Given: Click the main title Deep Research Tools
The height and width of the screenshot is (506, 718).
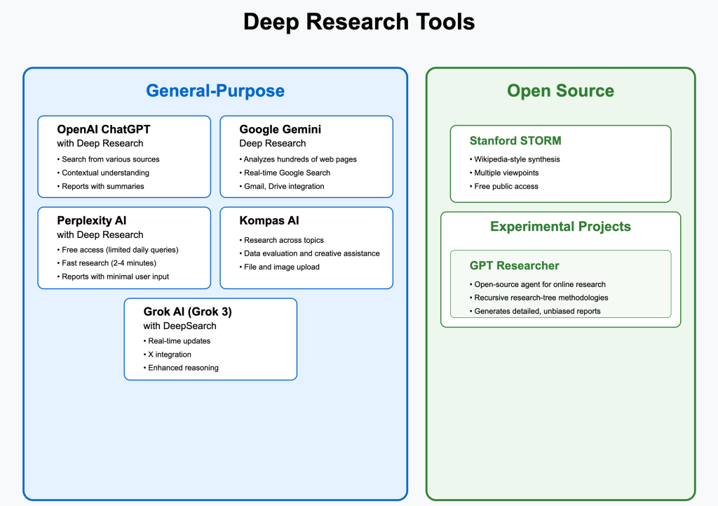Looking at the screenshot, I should [359, 22].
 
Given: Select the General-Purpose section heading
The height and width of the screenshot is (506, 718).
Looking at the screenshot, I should [215, 91].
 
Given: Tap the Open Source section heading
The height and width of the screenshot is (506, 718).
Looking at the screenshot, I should [560, 91].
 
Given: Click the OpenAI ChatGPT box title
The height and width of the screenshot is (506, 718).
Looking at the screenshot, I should [104, 129].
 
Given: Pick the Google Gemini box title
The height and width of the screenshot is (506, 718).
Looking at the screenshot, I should [280, 129].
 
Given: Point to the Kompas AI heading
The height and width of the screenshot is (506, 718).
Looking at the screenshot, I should [269, 220].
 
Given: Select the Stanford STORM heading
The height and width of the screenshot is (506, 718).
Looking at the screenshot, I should [515, 140].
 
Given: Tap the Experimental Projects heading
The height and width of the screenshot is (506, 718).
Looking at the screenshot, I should [560, 227].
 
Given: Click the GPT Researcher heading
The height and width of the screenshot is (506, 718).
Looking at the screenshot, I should [514, 265].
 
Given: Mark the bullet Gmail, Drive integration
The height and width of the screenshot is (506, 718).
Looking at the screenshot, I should [284, 186].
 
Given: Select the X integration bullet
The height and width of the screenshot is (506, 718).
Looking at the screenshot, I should [169, 354].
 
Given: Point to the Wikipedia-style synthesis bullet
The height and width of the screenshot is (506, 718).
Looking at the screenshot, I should [517, 159].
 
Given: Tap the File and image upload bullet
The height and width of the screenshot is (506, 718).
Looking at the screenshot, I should [281, 267].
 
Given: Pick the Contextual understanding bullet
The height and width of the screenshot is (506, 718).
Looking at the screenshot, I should [105, 173].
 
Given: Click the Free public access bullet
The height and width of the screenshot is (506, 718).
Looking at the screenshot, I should [506, 186].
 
